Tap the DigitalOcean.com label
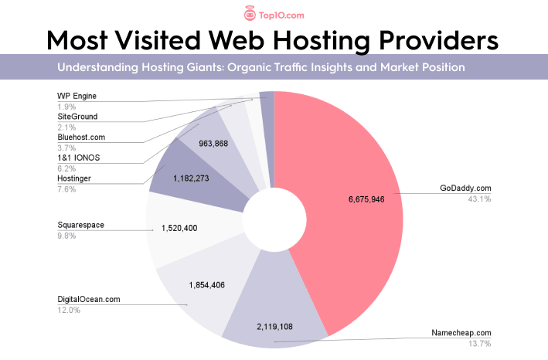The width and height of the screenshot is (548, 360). click(89, 299)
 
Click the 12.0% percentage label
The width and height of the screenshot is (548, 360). click(69, 310)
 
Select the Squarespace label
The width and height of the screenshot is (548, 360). click(81, 225)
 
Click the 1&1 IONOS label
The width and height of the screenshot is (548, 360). click(79, 158)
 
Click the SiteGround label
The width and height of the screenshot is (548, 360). click(78, 116)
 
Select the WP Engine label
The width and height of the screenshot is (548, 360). click(77, 95)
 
